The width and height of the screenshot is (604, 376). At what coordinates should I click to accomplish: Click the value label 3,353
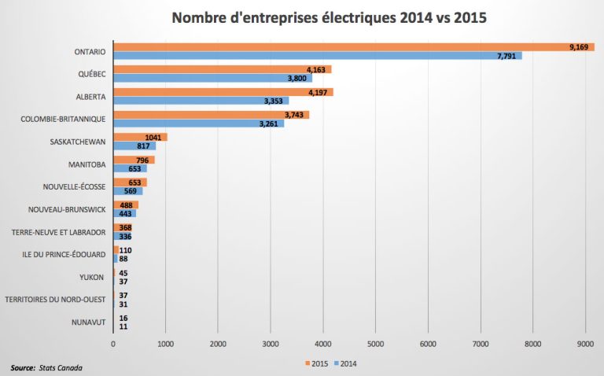pyautogui.click(x=274, y=101)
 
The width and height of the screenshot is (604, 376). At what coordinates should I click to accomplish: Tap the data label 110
pyautogui.click(x=125, y=250)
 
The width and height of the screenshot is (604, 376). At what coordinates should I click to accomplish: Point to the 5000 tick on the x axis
pyautogui.click(x=375, y=344)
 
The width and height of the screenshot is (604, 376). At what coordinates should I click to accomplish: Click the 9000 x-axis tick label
pyautogui.click(x=584, y=344)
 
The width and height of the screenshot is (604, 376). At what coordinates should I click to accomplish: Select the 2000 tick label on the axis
pyautogui.click(x=218, y=344)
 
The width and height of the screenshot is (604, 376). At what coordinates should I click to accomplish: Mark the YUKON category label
pyautogui.click(x=93, y=277)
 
